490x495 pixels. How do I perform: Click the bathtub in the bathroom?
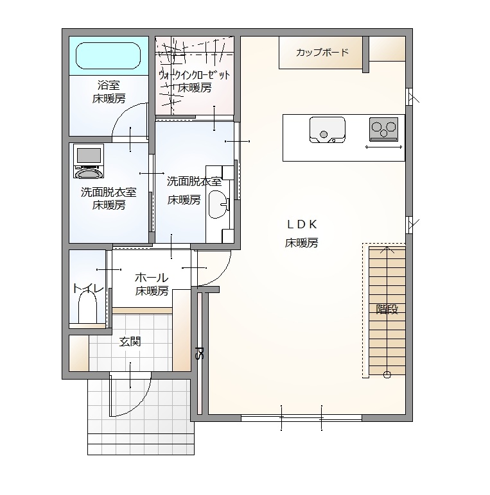108,56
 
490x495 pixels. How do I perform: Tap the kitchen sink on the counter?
327,130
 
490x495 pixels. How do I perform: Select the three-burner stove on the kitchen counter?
383,129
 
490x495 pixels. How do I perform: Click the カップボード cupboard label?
322,53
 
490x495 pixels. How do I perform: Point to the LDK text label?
302,224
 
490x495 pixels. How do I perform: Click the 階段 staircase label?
387,309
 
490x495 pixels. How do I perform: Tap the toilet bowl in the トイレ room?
87,307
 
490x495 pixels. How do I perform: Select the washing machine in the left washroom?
89,161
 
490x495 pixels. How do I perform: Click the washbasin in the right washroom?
218,205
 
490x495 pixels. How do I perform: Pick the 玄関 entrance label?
130,342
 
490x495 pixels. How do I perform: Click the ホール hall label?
152,278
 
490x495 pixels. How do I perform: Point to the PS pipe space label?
200,353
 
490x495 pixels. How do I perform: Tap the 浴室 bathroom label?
109,85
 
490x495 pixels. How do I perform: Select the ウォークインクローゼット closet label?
195,75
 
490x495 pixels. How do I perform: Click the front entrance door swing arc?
140,404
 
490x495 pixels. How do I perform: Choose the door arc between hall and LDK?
221,275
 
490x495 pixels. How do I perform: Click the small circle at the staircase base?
387,374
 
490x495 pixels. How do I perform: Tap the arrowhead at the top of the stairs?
387,249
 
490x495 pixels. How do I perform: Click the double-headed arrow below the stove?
384,147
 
